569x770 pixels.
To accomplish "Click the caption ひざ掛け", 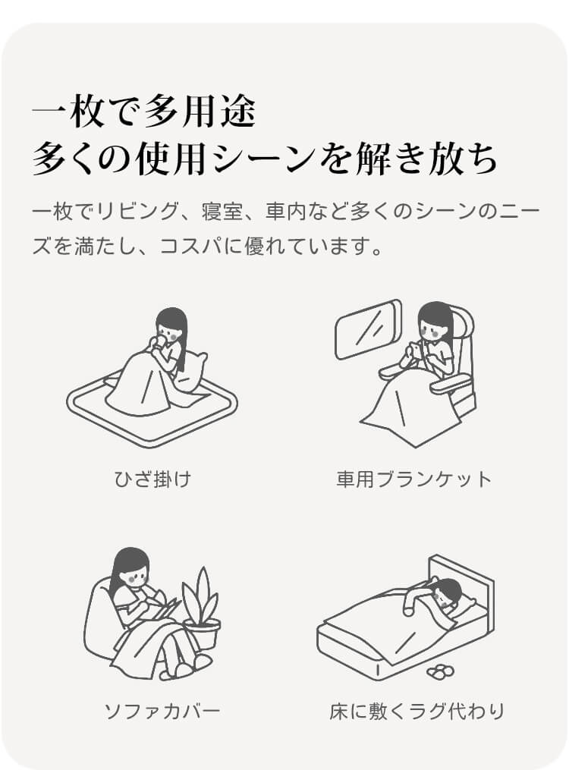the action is [152, 478].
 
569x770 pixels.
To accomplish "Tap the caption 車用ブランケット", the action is [414, 478].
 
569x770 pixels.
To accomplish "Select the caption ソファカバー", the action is [162, 711].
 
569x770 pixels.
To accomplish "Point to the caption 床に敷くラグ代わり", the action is [417, 711].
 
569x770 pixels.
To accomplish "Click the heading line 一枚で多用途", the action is [144, 112].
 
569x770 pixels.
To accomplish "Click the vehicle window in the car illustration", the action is [367, 329].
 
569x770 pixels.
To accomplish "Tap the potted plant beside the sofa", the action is [201, 609].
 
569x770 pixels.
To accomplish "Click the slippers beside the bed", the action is [440, 670].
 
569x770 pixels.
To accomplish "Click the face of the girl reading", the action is [134, 574].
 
